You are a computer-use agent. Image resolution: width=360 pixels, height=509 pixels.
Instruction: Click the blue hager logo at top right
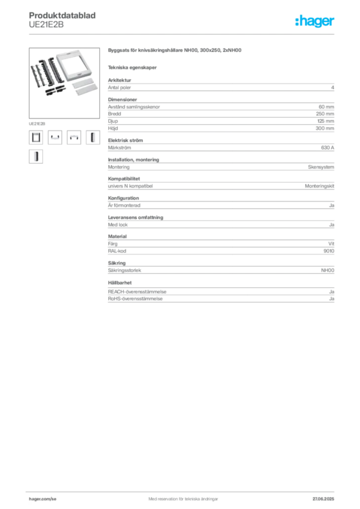315,22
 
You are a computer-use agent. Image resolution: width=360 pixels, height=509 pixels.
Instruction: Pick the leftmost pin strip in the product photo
36,74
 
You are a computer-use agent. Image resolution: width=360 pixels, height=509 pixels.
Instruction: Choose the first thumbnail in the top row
36,137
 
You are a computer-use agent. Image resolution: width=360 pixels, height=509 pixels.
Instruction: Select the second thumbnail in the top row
55,137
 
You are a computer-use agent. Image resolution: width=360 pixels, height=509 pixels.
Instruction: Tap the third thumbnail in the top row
74,137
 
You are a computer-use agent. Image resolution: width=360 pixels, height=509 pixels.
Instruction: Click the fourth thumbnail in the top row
93,137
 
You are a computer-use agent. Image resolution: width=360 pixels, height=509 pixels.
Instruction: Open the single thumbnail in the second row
36,158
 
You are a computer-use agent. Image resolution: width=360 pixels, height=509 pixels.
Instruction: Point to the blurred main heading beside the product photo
175,50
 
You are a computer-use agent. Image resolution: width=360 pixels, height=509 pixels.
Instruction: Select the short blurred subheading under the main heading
133,67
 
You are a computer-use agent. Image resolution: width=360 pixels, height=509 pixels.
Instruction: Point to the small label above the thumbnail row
37,122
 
